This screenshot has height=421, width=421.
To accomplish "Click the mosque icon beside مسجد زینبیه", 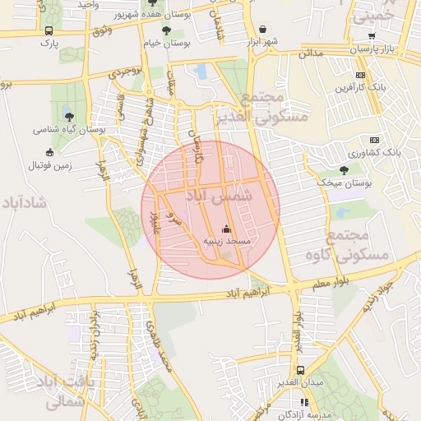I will click(x=227, y=229).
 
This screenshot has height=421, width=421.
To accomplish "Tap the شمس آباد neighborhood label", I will click(x=227, y=198).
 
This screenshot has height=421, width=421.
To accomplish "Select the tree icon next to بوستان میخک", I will click(x=344, y=170).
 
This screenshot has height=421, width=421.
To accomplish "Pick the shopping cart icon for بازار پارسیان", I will click(x=372, y=35).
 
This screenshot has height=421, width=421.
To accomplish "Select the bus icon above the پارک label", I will click(x=50, y=31).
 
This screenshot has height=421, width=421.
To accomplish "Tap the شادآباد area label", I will click(x=24, y=201).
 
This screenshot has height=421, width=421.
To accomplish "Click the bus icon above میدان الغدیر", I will click(x=300, y=370).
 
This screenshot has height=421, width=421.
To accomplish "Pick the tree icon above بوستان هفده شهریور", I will click(x=150, y=2).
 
